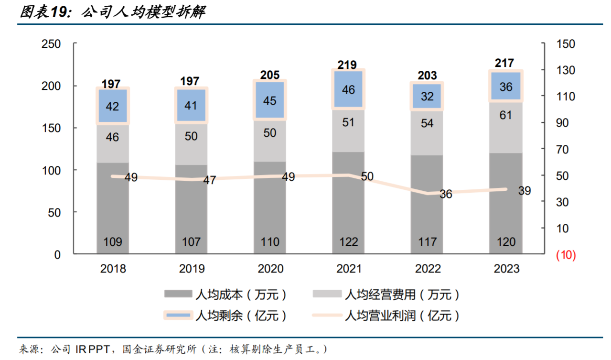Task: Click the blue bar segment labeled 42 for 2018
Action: [x=112, y=106]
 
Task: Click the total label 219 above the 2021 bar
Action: [x=348, y=65]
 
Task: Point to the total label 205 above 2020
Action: [x=270, y=75]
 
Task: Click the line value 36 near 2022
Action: [x=445, y=195]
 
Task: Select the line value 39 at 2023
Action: [x=524, y=191]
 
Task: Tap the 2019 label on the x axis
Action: [x=192, y=269]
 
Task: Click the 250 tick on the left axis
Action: [x=52, y=44]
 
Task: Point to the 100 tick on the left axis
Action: [x=52, y=170]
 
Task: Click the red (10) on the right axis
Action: [x=566, y=255]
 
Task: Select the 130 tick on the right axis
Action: [x=566, y=70]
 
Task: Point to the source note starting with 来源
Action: [x=172, y=349]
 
